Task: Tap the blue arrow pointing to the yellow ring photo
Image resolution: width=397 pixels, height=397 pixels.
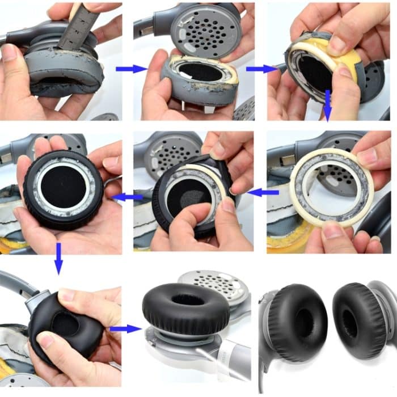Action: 261,69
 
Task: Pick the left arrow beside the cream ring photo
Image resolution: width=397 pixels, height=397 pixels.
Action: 263,193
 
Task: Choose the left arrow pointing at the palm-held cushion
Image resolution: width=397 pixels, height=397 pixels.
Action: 129,197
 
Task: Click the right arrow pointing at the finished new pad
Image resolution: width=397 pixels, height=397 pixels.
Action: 125,328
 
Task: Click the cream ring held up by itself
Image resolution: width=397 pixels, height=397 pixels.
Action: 332,187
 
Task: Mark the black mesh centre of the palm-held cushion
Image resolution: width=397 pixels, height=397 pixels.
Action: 62,187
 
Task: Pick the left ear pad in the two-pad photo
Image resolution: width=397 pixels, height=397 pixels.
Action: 298,323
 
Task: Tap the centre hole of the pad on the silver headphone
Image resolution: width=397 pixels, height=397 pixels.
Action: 185,299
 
